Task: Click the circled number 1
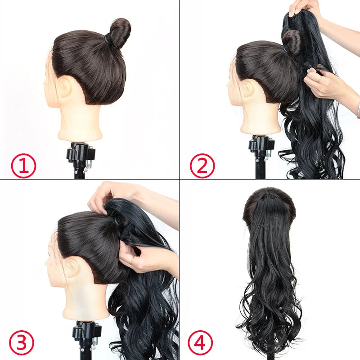click(x=23, y=166)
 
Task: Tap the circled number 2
click(x=202, y=166)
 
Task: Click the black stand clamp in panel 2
click(x=261, y=145)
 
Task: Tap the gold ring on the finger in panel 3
click(x=132, y=260)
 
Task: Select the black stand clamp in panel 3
click(x=85, y=331)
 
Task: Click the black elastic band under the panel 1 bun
click(x=108, y=39)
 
